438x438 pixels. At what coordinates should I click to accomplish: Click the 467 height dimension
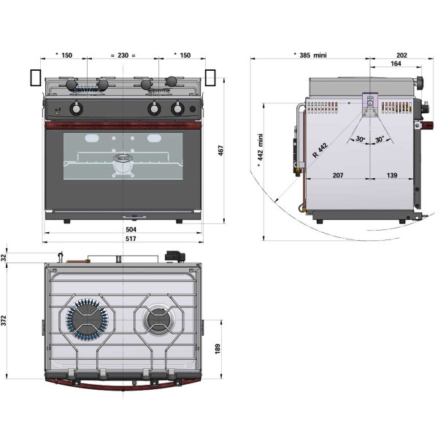(x=221, y=150)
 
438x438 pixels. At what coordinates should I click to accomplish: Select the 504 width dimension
(x=131, y=229)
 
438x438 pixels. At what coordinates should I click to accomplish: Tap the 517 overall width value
(x=131, y=239)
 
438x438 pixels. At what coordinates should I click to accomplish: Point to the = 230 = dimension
(x=123, y=55)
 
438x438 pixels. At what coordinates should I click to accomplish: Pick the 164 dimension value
(x=395, y=65)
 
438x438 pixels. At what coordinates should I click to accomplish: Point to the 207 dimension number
(x=337, y=175)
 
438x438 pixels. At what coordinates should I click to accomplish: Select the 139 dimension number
(x=392, y=175)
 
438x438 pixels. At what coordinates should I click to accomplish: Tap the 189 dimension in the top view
(x=217, y=349)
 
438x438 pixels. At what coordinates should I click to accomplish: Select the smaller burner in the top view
(x=158, y=319)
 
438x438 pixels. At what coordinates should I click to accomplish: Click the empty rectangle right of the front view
(x=211, y=78)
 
